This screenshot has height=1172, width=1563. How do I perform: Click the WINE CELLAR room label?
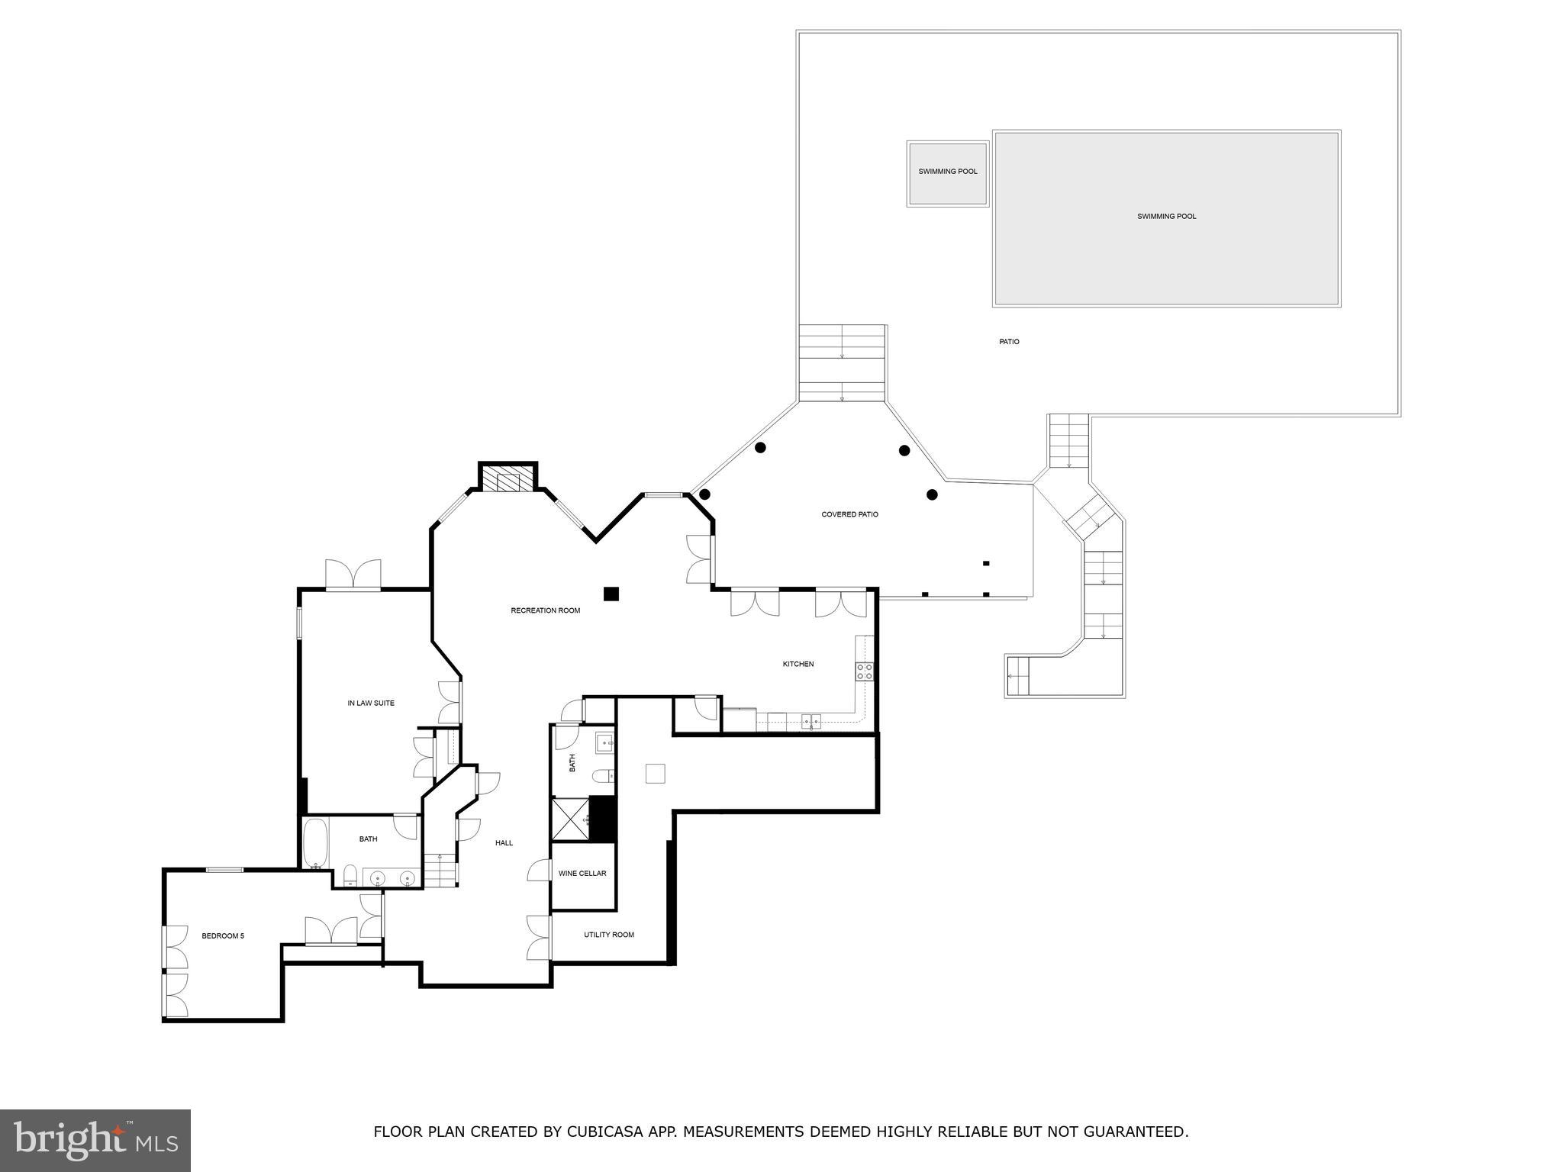click(x=582, y=873)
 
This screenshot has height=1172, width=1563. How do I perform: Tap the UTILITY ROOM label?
click(x=609, y=935)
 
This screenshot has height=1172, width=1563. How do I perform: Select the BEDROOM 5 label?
click(x=223, y=935)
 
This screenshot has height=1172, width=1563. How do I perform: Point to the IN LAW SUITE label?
click(x=371, y=703)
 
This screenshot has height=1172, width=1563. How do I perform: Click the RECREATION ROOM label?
click(x=546, y=610)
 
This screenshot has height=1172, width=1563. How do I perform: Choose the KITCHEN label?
click(x=798, y=664)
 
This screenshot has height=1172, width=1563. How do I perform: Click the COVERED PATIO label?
click(x=849, y=514)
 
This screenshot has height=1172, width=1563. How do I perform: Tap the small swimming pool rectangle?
click(x=948, y=174)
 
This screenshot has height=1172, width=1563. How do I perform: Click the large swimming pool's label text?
click(x=1166, y=216)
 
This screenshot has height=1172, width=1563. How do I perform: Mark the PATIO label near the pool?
click(x=1009, y=342)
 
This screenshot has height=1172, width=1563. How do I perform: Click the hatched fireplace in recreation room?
click(x=508, y=481)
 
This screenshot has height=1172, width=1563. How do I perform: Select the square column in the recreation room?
click(x=611, y=594)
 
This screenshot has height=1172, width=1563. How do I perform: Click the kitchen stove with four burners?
click(x=865, y=671)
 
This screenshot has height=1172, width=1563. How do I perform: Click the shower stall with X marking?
click(x=570, y=819)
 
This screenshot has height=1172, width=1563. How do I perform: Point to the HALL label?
click(x=504, y=842)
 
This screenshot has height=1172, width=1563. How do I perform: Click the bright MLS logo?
click(x=95, y=1140)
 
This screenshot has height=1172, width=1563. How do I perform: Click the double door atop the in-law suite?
click(x=353, y=575)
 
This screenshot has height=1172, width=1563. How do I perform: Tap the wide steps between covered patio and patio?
click(x=842, y=362)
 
